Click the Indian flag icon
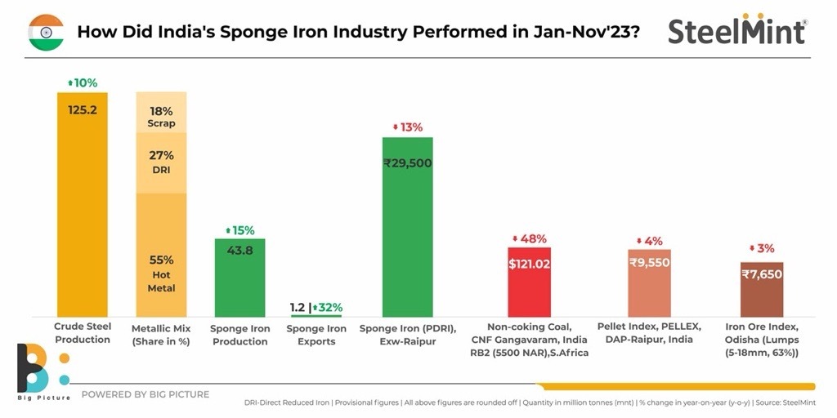(46, 32)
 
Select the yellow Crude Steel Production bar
(82, 204)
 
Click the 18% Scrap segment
(161, 116)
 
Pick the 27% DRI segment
(161, 162)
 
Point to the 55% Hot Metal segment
(161, 255)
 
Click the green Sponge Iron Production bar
(239, 278)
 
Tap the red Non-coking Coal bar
(529, 282)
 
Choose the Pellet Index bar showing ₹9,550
(650, 283)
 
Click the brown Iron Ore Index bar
(762, 289)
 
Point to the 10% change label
(82, 83)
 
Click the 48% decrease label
(529, 239)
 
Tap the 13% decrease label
(407, 127)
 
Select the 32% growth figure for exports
(329, 308)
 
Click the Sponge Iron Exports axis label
(316, 335)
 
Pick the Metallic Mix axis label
(161, 335)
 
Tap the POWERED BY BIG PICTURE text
(145, 394)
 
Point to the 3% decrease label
(762, 248)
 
